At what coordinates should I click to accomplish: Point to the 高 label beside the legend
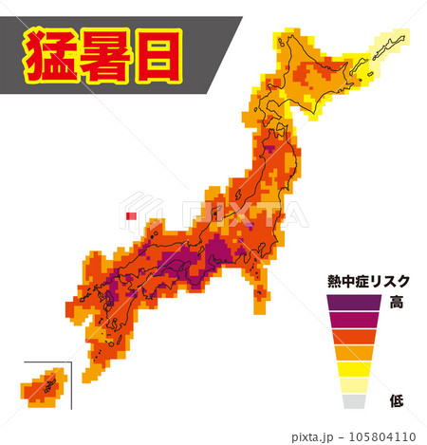pos(397,303)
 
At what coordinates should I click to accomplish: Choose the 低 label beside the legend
pos(397,402)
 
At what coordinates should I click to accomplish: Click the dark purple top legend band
pos(356,303)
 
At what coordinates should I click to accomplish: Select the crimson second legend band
pos(356,320)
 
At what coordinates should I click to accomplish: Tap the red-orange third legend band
pos(356,337)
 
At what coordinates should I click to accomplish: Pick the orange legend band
pos(356,353)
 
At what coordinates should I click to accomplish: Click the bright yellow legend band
pos(356,369)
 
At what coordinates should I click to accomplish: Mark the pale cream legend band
pos(356,385)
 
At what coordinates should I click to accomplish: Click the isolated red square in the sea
pos(131,217)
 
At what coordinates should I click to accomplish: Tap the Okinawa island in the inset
pos(42,388)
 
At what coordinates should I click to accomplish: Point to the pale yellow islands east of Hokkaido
pos(391,42)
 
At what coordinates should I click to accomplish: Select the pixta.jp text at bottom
pos(312,436)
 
